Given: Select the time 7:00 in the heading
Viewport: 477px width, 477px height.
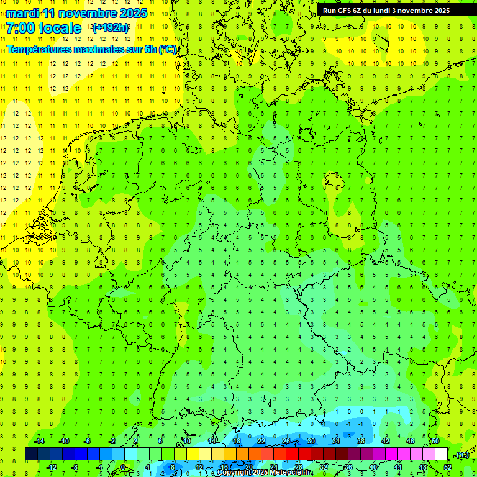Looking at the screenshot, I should [x=20, y=28].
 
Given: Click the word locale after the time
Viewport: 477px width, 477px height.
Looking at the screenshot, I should [x=60, y=28].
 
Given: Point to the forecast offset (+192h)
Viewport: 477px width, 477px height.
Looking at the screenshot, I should [x=111, y=28].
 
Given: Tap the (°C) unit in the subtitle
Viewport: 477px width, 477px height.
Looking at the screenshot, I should [x=167, y=49].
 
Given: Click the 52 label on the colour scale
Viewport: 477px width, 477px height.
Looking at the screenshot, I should [x=448, y=467].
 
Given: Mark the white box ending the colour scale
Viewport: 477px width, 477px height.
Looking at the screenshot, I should [x=441, y=454].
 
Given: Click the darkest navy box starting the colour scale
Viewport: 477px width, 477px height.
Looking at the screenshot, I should [x=31, y=454].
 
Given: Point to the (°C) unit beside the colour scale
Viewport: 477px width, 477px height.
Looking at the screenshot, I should [x=463, y=455].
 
